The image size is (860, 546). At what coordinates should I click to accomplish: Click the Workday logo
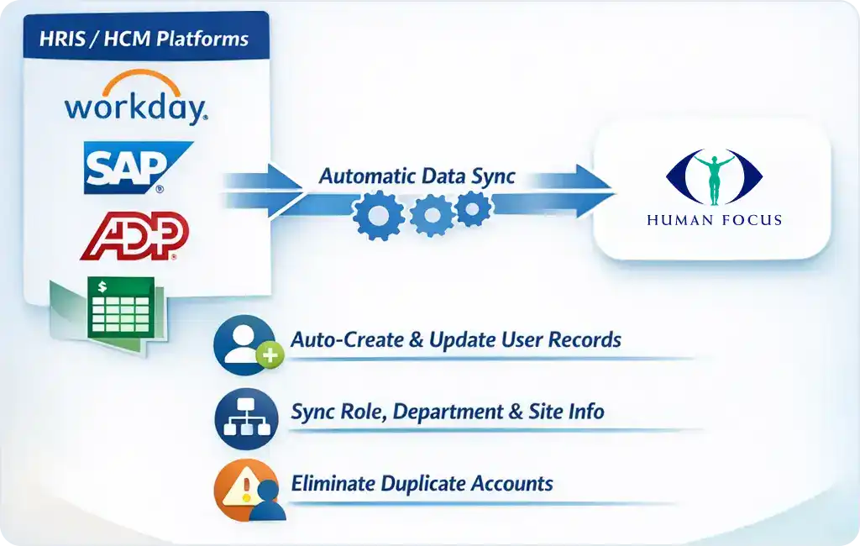coord(136,99)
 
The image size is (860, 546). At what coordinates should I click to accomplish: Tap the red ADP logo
coord(135,236)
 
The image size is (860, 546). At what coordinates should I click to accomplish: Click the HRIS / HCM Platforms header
coord(144,39)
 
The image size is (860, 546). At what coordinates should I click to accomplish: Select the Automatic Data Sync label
coord(417,176)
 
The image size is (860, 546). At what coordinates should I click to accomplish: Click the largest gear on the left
coord(379,215)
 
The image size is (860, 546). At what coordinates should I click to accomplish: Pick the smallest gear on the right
coord(473,208)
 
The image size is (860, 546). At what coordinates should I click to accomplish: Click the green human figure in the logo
coord(714,177)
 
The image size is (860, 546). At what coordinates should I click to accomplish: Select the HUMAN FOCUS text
coord(714,220)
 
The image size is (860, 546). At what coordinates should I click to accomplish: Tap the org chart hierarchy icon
coord(244,417)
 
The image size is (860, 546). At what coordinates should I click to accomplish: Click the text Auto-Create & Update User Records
coord(456,340)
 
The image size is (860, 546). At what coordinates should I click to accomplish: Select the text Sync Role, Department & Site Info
coord(447,412)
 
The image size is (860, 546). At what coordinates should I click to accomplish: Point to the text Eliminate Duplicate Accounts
coord(422,484)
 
